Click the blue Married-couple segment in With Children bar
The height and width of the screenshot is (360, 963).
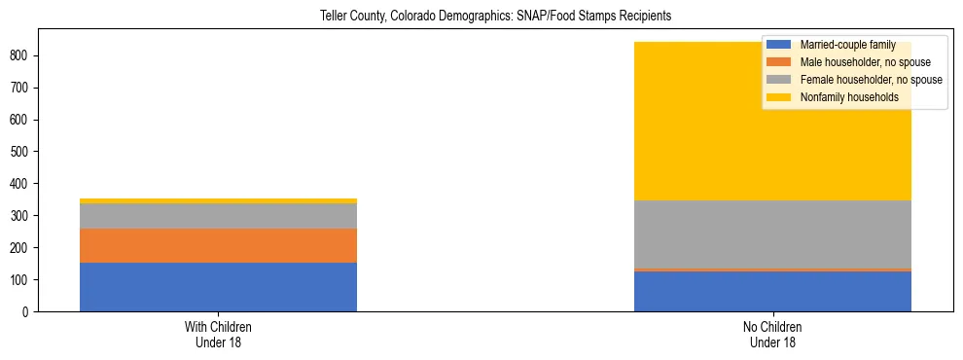tap(218, 287)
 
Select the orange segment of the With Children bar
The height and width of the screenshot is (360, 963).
tap(218, 245)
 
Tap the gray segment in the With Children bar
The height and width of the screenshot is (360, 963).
tap(218, 216)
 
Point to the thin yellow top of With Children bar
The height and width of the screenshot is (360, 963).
tap(218, 200)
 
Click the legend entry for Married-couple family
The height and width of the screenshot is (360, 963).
tap(847, 45)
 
